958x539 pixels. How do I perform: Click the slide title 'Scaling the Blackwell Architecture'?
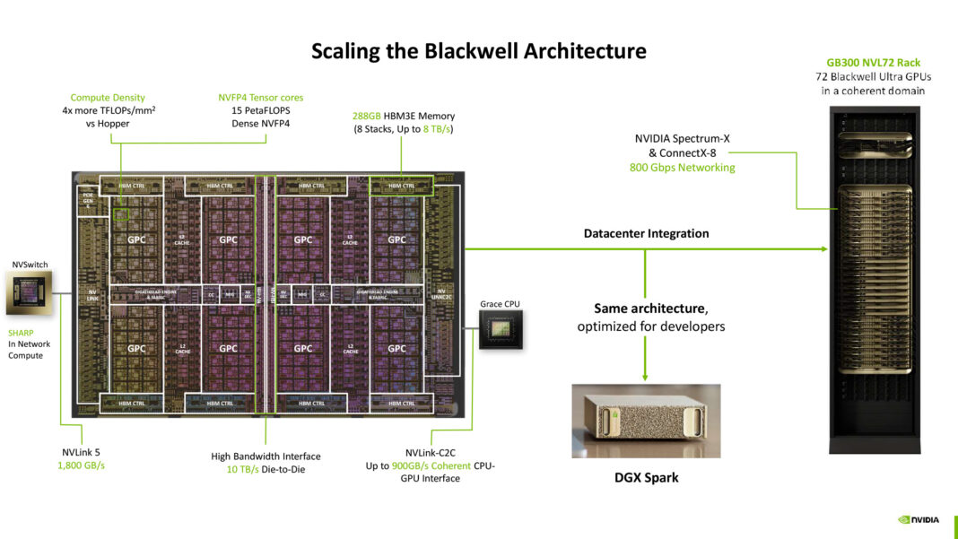478,50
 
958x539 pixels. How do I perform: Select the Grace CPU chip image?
500,331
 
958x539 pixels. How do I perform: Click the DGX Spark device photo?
646,421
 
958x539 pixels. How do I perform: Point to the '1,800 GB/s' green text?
82,465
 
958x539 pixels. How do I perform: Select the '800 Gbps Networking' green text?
682,167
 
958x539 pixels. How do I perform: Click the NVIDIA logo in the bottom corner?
919,518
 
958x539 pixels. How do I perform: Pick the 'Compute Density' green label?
108,98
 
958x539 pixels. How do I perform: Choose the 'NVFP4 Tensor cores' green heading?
260,98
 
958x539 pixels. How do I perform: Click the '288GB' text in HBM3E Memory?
367,116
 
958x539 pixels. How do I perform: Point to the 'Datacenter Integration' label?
646,233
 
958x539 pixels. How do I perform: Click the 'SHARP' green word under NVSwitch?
22,332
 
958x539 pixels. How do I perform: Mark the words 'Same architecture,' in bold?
650,308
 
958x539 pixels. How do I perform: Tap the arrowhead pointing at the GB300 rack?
823,248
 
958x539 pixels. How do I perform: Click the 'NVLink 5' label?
75,453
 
